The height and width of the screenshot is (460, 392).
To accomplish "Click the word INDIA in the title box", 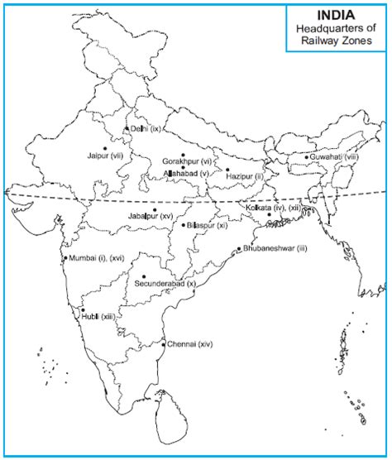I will click(338, 15).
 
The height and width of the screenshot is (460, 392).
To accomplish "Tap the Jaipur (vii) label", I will click(104, 156).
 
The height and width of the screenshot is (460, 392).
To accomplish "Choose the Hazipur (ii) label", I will click(246, 177).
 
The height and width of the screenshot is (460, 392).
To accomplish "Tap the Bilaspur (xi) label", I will click(207, 225).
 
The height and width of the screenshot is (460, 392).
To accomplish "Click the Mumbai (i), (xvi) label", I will click(97, 259).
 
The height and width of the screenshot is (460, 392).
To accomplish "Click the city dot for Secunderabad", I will click(143, 276).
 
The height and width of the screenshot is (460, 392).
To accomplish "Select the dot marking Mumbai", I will click(65, 259).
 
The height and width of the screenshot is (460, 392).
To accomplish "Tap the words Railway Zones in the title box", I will click(338, 41).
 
